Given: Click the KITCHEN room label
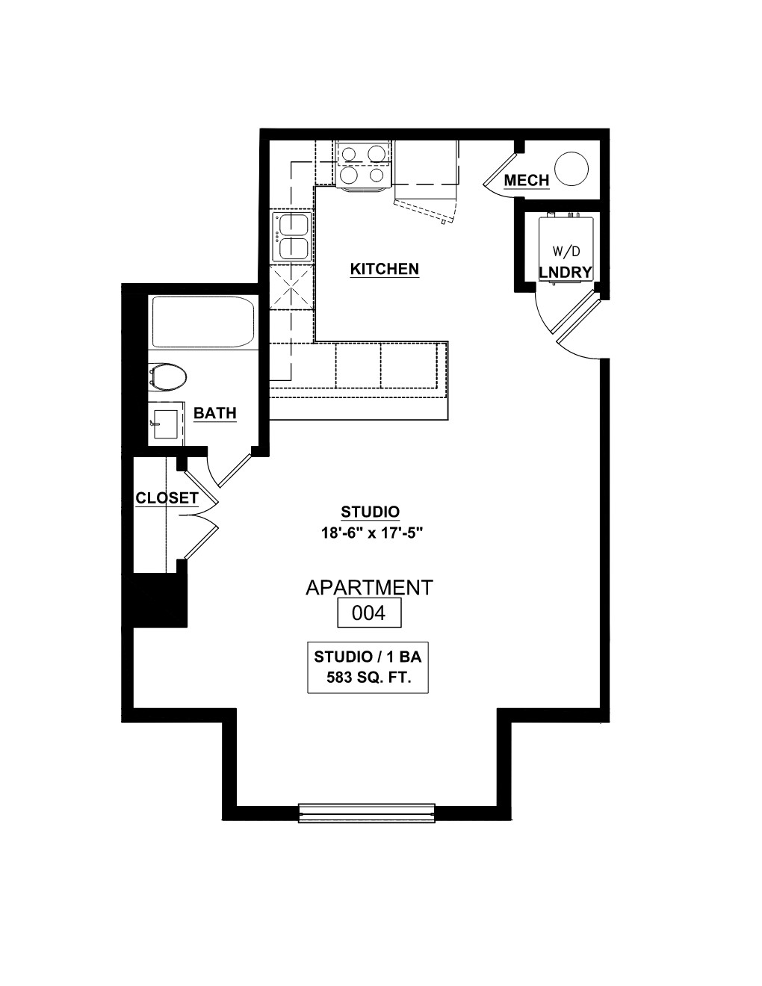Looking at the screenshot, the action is coord(385,269).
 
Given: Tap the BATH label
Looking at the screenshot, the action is coord(215,413).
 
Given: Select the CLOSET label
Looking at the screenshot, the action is coord(167,498).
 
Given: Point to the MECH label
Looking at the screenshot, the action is coord(527,181).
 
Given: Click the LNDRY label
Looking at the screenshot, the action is coord(566,272).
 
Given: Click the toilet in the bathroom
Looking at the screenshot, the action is coord(168,376).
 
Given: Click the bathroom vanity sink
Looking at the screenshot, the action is coord(166,424).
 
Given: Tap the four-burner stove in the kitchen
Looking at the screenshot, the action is coord(363,165).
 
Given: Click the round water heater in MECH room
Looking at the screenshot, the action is coord(571,168).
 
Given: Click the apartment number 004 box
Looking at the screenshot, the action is coord(369,613).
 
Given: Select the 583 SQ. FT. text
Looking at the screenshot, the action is coord(369,678).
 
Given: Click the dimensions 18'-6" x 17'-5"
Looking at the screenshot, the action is coord(372,533).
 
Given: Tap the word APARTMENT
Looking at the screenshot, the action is coord(370,588).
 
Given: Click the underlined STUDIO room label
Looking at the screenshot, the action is coord(371,512).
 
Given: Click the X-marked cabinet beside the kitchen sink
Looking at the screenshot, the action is coord(291,288).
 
